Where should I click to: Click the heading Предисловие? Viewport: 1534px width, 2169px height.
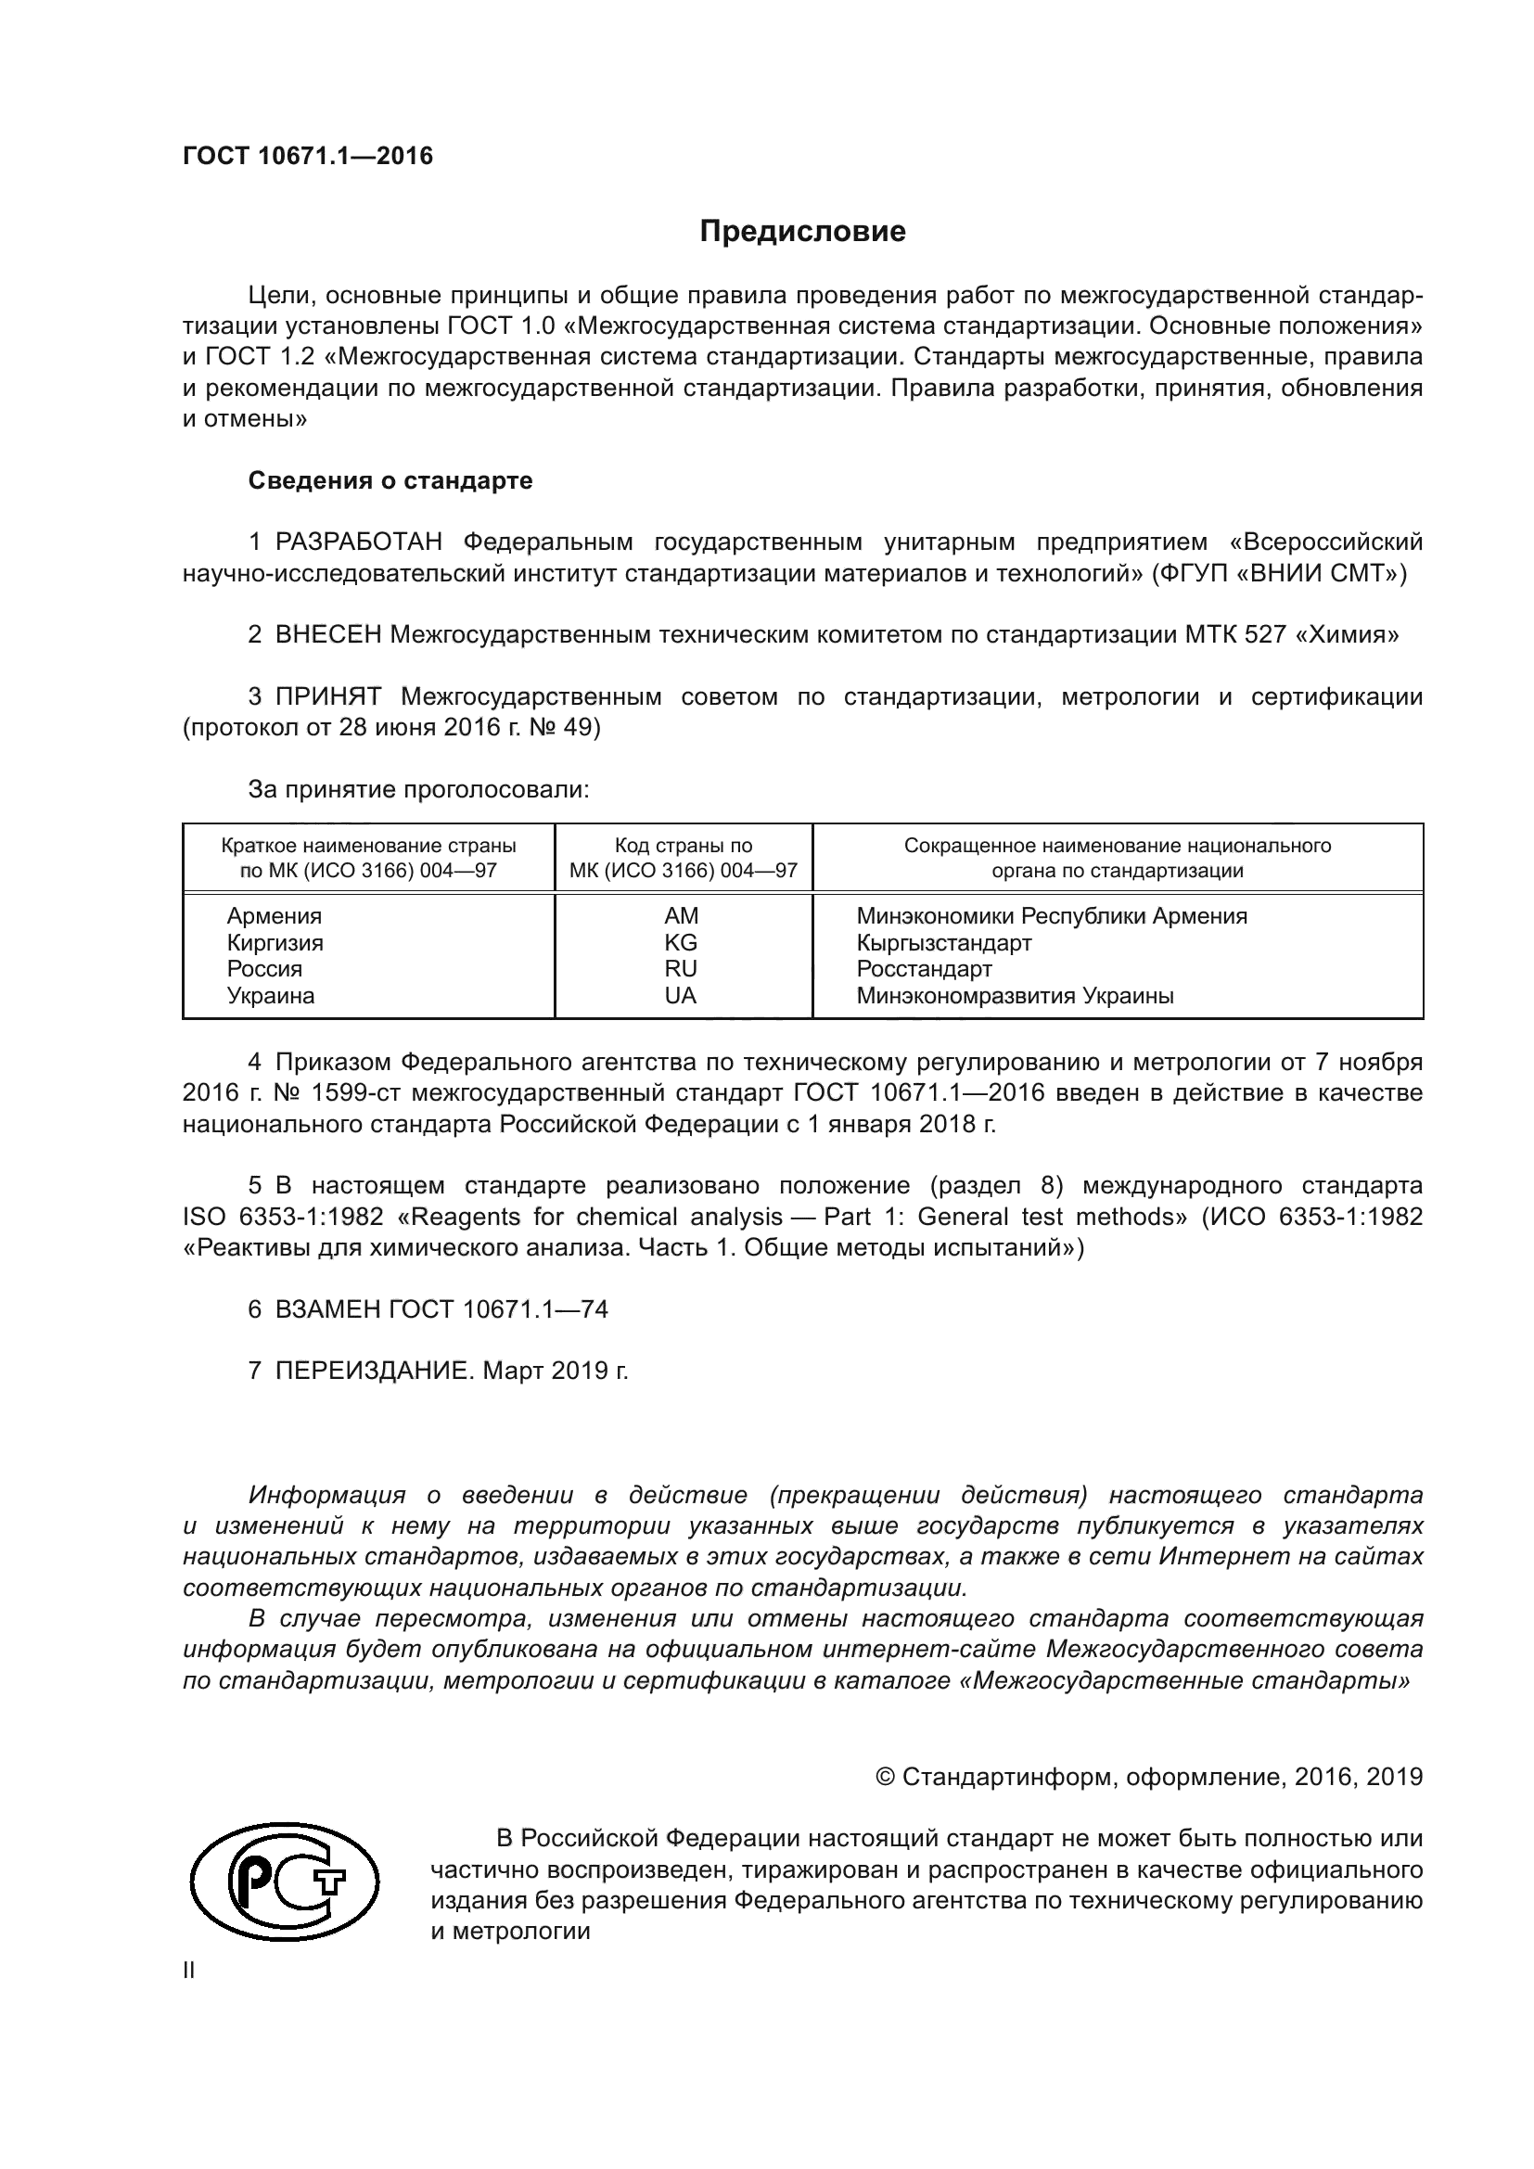point(802,232)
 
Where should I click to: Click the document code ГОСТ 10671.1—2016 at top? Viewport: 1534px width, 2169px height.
point(308,156)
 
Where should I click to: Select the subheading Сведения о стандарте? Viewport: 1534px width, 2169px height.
point(390,481)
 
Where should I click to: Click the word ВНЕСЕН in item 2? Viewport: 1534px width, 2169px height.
point(328,635)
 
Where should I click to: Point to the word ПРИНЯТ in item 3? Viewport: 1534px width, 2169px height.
point(328,697)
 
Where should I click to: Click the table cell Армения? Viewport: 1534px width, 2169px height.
point(274,915)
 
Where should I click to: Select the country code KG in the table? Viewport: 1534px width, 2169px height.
point(681,942)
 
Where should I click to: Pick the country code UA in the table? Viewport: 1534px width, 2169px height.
point(681,995)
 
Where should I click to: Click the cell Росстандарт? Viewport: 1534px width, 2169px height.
point(924,968)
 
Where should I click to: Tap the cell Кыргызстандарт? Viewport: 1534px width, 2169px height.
point(943,942)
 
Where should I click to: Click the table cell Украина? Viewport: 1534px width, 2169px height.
point(270,995)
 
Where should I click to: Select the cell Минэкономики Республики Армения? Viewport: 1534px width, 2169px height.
point(1052,915)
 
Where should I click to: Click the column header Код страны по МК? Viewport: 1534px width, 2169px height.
point(683,858)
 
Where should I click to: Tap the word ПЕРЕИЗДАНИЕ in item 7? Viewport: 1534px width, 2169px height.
point(372,1371)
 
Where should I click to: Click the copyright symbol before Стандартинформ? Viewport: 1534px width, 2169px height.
point(885,1777)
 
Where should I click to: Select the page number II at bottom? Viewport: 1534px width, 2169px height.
point(189,1971)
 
